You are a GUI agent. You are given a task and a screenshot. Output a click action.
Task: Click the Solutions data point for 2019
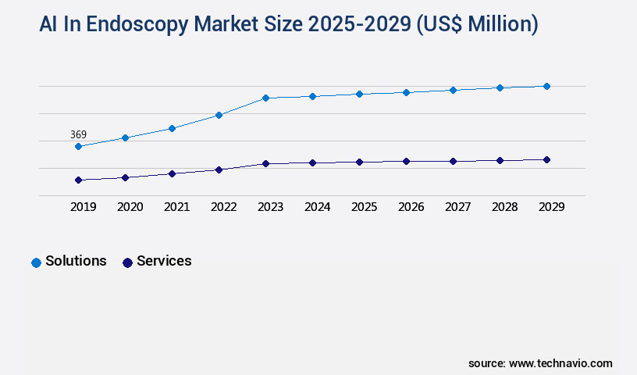pyautogui.click(x=78, y=146)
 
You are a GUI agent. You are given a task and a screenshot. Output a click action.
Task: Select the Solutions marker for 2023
pyautogui.click(x=265, y=98)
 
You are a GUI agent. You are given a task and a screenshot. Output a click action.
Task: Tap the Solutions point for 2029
pyautogui.click(x=546, y=86)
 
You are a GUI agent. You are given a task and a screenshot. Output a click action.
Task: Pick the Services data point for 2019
pyautogui.click(x=78, y=180)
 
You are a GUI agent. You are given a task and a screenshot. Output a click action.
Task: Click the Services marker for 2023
pyautogui.click(x=265, y=163)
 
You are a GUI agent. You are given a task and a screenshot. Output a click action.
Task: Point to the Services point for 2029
pyautogui.click(x=546, y=159)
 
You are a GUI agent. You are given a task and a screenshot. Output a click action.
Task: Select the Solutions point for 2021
pyautogui.click(x=172, y=128)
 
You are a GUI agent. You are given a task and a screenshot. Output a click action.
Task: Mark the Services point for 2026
pyautogui.click(x=406, y=161)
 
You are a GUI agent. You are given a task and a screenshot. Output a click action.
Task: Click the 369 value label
pyautogui.click(x=78, y=134)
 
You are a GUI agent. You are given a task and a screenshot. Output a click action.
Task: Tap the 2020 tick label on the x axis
pyautogui.click(x=130, y=207)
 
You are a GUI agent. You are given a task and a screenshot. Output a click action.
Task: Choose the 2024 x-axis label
pyautogui.click(x=317, y=207)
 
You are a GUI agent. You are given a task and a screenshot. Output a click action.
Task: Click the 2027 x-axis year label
pyautogui.click(x=457, y=207)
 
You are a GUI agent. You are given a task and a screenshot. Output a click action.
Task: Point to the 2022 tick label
pyautogui.click(x=223, y=207)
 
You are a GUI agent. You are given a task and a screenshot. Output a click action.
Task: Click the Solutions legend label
pyautogui.click(x=76, y=261)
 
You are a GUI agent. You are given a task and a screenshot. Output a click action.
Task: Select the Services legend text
pyautogui.click(x=164, y=261)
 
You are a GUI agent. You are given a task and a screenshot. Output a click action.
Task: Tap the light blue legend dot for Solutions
pyautogui.click(x=36, y=262)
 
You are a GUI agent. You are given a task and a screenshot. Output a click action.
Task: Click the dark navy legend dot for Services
pyautogui.click(x=127, y=262)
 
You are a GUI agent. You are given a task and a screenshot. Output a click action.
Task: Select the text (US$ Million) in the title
pyautogui.click(x=476, y=24)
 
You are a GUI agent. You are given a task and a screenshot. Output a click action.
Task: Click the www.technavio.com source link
pyautogui.click(x=560, y=363)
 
